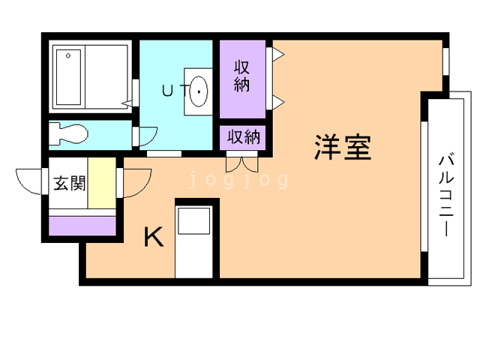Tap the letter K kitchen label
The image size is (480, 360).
pyautogui.click(x=153, y=238)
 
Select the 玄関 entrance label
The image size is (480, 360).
pyautogui.click(x=68, y=183)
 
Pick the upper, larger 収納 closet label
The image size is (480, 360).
pyautogui.click(x=241, y=76)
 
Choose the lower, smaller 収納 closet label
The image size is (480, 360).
pyautogui.click(x=243, y=137)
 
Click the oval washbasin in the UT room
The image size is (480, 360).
pyautogui.click(x=199, y=91)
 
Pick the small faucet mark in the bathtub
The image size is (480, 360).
pyautogui.click(x=68, y=55)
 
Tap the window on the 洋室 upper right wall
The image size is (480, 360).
pyautogui.click(x=445, y=61)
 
